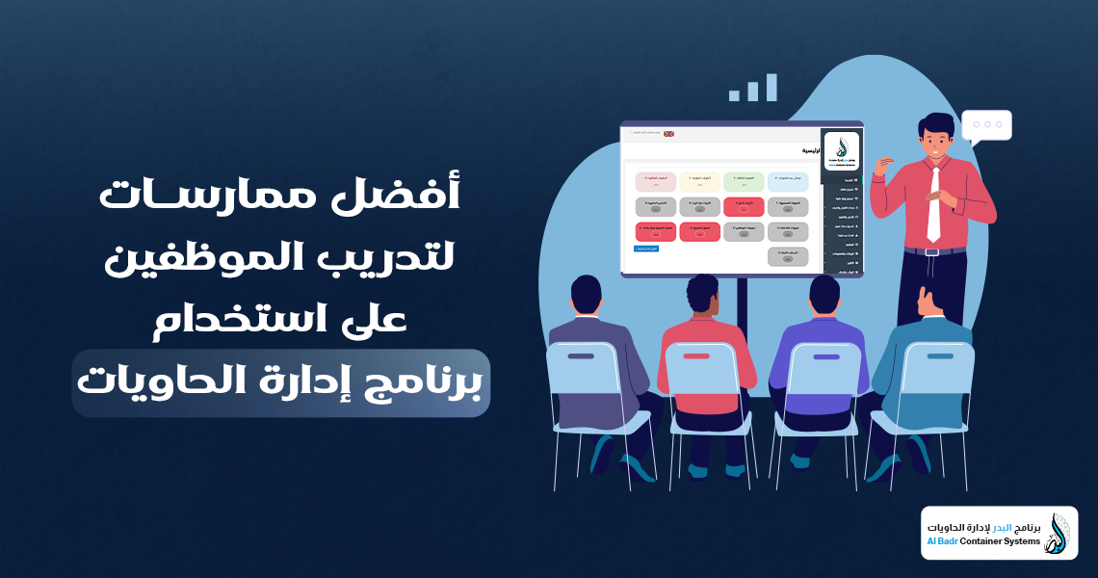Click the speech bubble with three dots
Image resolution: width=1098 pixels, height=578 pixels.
986,125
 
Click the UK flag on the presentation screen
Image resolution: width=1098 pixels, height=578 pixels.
668,134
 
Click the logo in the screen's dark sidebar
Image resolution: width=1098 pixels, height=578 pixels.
842,151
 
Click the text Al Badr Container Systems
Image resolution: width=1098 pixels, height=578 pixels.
983,541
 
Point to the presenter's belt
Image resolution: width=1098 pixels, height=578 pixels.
933,251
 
